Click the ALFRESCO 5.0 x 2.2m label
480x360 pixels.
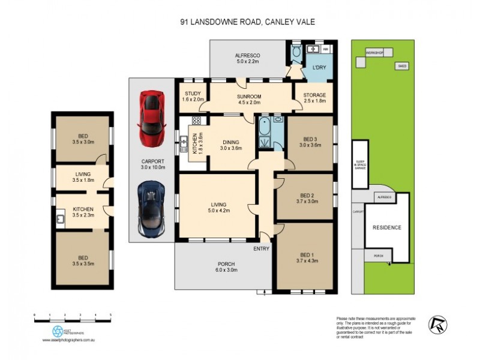247,58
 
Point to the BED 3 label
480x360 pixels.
310,142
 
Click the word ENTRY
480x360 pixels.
262,248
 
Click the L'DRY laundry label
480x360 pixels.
318,68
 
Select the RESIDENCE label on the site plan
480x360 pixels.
386,228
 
